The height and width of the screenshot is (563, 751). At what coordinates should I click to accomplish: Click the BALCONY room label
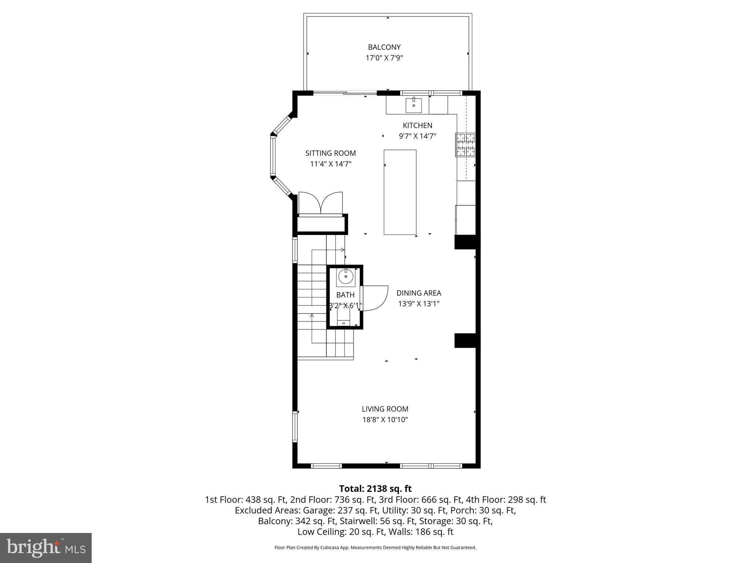[x=384, y=47]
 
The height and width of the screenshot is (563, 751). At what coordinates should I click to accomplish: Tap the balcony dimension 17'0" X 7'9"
[x=384, y=58]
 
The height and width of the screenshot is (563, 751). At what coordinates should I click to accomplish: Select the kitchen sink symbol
[x=413, y=105]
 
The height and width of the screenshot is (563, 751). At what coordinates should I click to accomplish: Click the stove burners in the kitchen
[x=465, y=144]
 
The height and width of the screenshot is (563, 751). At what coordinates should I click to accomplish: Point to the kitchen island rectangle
[x=400, y=192]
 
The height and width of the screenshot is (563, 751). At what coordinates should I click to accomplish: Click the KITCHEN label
[x=417, y=125]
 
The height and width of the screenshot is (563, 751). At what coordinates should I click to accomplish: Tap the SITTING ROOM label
[x=330, y=153]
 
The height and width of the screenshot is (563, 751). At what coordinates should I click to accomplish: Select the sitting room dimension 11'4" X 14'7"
[x=330, y=164]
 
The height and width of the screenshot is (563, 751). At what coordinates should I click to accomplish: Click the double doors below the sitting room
[x=321, y=203]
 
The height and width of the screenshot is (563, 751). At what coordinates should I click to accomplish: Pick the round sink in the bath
[x=346, y=276]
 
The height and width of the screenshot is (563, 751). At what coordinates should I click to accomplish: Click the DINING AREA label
[x=418, y=293]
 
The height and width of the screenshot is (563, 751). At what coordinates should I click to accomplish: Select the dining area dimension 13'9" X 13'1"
[x=418, y=303]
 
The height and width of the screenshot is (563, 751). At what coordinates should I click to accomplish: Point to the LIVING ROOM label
[x=385, y=409]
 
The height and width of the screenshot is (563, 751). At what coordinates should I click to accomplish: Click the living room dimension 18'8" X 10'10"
[x=385, y=420]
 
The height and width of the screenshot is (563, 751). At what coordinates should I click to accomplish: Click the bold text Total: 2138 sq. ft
[x=375, y=489]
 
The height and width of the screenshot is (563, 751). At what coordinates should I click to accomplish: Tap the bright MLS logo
[x=46, y=548]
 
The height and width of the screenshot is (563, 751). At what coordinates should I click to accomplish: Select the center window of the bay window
[x=272, y=156]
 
